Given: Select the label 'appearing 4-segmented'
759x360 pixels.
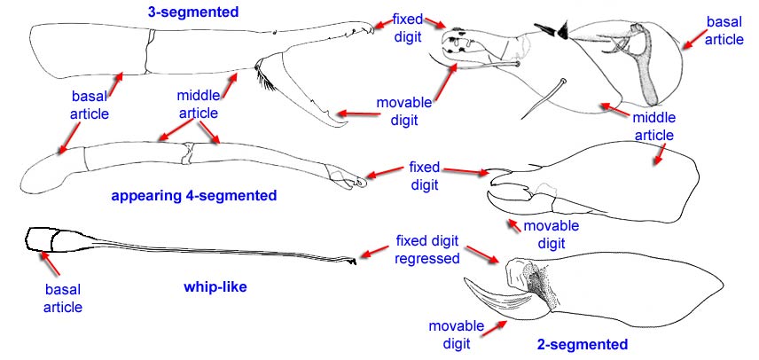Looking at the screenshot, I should point(194,195).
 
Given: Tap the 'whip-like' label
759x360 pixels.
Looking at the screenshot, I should point(215,286).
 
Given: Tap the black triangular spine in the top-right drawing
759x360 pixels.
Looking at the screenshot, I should point(556,31).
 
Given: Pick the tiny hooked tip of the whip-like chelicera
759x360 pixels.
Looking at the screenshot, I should point(353,262).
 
